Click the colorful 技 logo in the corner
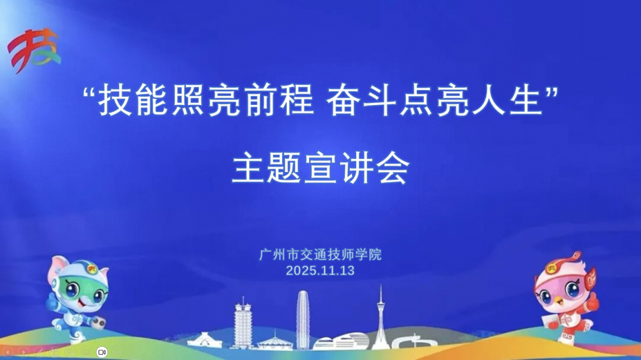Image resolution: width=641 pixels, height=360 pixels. (x=34, y=50)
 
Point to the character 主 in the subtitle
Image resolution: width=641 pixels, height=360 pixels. (x=249, y=167)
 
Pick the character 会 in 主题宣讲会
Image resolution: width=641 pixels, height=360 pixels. (x=393, y=167)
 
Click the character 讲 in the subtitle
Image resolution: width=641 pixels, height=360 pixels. (x=357, y=167)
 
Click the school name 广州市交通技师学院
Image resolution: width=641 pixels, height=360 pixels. (x=320, y=254)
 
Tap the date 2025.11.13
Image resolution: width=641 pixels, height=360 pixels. (x=320, y=270)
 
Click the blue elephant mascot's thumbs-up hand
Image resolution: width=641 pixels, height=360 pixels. (x=50, y=303)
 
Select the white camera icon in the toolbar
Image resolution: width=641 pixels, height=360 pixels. (x=102, y=352)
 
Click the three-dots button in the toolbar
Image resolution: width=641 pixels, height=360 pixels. (x=118, y=352)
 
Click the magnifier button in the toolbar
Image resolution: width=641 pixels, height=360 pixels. (x=70, y=352)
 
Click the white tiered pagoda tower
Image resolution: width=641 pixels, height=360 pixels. (x=243, y=323)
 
